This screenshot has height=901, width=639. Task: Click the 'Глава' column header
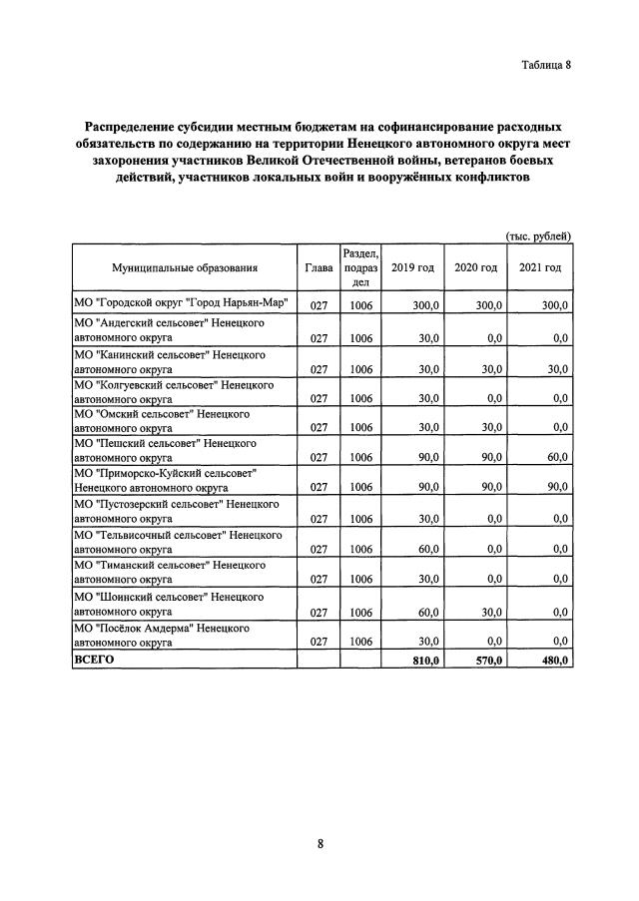pos(319,267)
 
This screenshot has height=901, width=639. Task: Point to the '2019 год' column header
pos(412,267)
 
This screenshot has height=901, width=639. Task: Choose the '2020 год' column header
pos(475,267)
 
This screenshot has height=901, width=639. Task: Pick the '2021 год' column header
pos(540,267)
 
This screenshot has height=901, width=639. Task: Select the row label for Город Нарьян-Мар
pos(181,303)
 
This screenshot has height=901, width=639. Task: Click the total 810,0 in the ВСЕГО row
pos(424,661)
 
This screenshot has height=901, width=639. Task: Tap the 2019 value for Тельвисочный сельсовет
pos(428,549)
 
